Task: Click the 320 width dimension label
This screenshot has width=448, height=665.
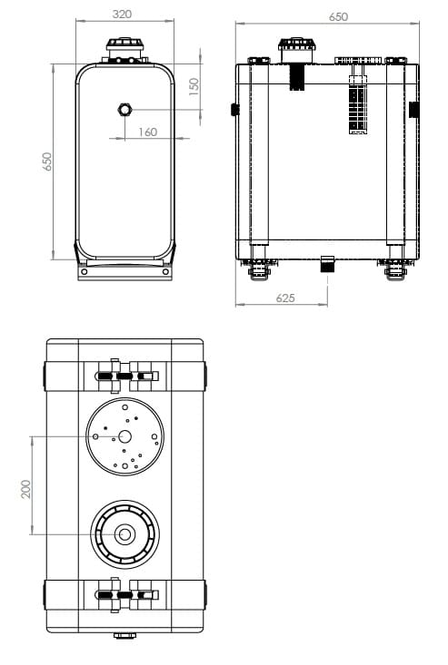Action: coord(122,14)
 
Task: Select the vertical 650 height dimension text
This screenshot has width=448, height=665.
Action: coord(46,161)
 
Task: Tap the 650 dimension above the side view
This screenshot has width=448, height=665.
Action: coord(338,16)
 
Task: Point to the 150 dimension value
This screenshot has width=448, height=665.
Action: coord(194,86)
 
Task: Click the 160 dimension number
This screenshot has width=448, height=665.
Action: coord(148,132)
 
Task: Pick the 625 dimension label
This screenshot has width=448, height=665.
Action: coord(285,298)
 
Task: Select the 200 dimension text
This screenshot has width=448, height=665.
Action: coord(26,489)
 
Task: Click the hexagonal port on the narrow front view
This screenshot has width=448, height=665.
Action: coord(124,110)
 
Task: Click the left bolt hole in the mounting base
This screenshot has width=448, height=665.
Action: coord(85,271)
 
